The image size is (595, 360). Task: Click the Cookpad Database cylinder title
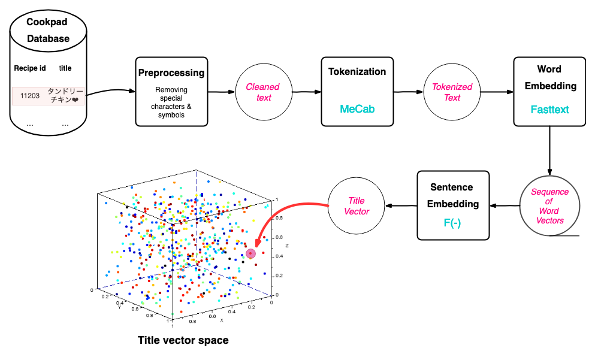click(x=48, y=30)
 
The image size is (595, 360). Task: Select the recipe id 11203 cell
click(x=30, y=96)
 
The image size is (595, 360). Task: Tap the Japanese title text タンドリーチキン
click(x=65, y=96)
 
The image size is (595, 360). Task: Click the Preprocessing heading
click(x=171, y=73)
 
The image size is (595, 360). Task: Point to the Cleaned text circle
click(x=264, y=92)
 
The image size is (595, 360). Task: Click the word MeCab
click(x=357, y=109)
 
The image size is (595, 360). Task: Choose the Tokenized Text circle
click(x=452, y=92)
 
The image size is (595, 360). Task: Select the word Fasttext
click(x=550, y=110)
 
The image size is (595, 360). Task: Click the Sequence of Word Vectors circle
click(x=549, y=206)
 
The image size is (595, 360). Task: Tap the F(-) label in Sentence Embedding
click(x=452, y=223)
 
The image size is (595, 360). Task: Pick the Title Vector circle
click(x=357, y=206)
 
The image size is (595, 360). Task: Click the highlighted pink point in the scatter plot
click(x=250, y=253)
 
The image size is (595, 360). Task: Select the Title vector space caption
click(x=183, y=340)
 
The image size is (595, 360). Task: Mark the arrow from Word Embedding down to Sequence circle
click(x=549, y=150)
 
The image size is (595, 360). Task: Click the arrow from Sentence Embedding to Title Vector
click(x=401, y=206)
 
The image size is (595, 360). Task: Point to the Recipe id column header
click(x=30, y=68)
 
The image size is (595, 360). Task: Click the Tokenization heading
click(x=357, y=72)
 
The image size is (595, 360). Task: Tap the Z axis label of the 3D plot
click(x=287, y=246)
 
